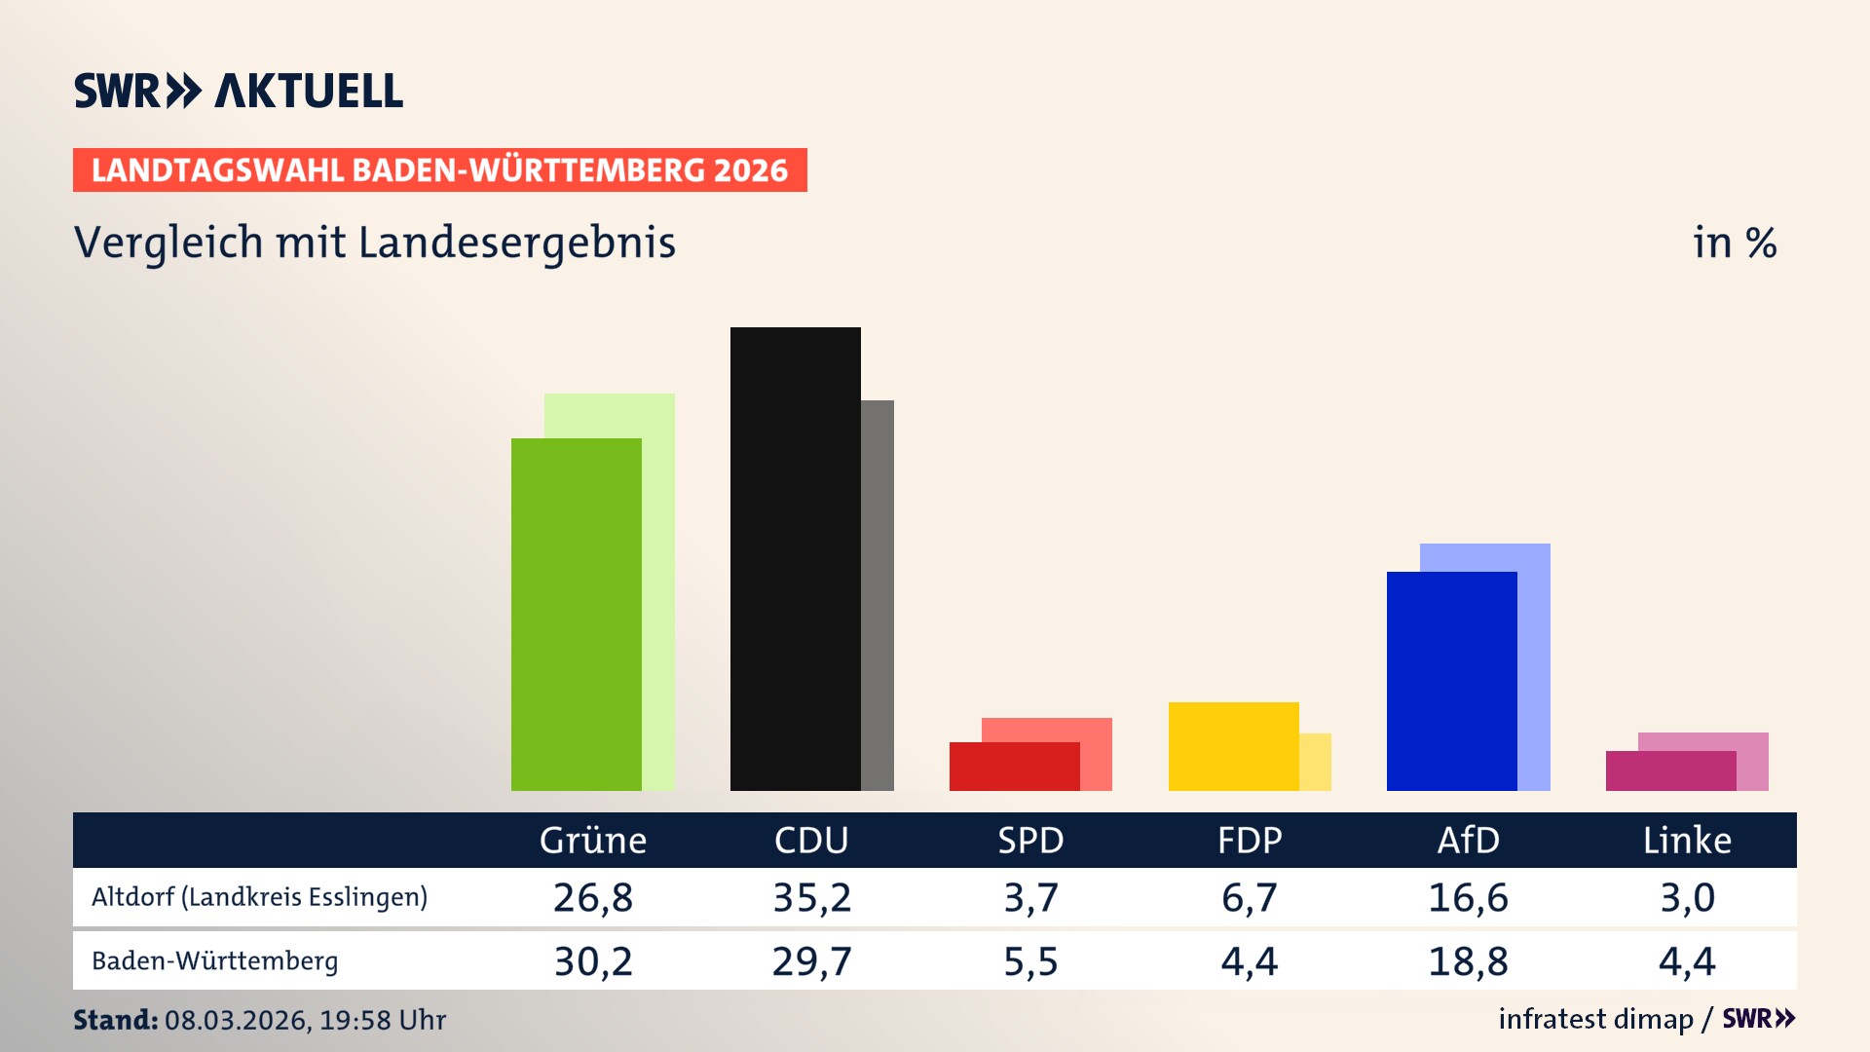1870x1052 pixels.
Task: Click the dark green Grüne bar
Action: tap(576, 614)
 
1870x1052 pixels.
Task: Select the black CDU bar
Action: tap(795, 558)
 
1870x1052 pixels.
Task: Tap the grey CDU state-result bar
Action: tap(878, 594)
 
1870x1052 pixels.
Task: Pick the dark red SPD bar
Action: tap(1014, 767)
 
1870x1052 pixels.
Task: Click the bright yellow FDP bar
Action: tap(1233, 746)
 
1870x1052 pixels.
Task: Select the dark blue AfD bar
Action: tap(1451, 681)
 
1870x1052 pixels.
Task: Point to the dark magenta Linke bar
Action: tap(1670, 770)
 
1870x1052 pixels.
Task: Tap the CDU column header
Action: tap(811, 841)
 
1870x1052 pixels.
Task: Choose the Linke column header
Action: tap(1687, 841)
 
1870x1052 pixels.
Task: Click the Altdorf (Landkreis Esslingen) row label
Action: tap(259, 897)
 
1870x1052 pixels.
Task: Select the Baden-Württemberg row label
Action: tap(214, 961)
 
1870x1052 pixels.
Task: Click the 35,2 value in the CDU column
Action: tap(811, 897)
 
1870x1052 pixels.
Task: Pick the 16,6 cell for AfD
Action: tap(1468, 897)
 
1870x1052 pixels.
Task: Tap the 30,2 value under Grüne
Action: tap(593, 961)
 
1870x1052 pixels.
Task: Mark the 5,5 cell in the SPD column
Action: tap(1030, 961)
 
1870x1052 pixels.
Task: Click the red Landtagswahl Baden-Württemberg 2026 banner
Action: tap(439, 170)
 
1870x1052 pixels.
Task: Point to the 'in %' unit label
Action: tap(1735, 243)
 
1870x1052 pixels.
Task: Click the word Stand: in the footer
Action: tap(115, 1020)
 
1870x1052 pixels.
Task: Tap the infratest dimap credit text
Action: tap(1595, 1019)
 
